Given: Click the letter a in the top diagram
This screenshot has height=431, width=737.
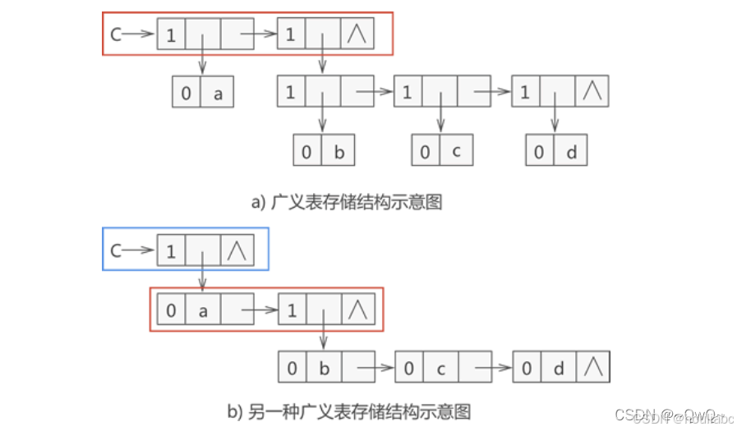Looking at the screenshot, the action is click(218, 93).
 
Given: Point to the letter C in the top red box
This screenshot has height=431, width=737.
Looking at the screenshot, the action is click(117, 35).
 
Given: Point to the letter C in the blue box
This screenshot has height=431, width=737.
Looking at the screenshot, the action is click(115, 250).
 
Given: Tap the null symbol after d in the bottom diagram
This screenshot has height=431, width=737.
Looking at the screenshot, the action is click(593, 368).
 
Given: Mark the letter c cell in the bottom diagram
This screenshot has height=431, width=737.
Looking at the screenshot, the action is click(441, 368).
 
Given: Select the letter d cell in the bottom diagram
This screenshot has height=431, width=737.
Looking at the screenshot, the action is click(559, 368).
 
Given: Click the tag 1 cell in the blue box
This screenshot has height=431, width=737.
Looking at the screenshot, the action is click(171, 250).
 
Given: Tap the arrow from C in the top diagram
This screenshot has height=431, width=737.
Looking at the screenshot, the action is click(140, 35).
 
